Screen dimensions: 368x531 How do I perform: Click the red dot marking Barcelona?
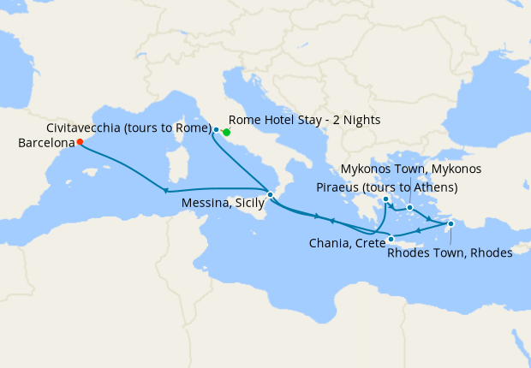pos(79,142)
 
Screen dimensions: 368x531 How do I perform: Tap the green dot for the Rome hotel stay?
pos(226,133)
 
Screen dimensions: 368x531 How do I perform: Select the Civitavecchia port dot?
pos(216,130)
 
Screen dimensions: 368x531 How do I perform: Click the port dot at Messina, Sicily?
pos(270,195)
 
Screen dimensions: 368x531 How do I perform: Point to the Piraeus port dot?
pos(386,199)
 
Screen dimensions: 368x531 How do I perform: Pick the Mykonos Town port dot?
pos(410,207)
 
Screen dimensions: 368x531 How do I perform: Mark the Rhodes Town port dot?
pos(450,223)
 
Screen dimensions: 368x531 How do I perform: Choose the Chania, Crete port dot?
pos(391,239)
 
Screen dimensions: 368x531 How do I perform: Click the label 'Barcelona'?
pos(45,143)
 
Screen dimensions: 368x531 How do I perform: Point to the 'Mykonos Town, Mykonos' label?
pos(411,169)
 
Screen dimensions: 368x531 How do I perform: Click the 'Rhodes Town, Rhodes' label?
pos(450,252)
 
